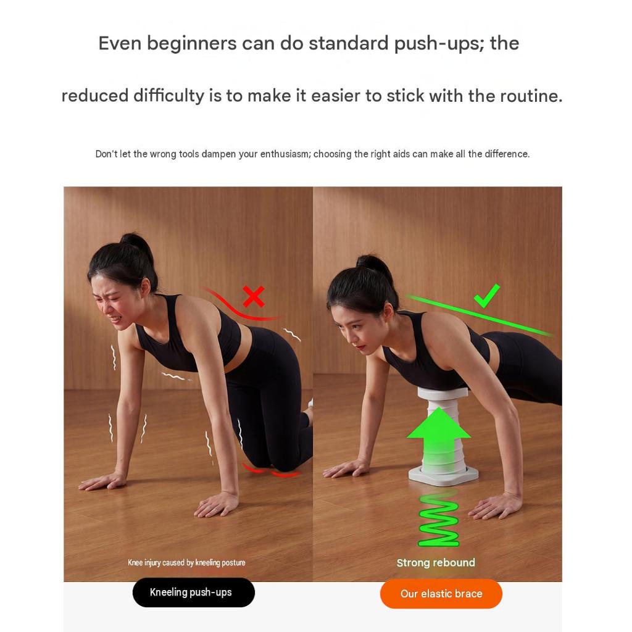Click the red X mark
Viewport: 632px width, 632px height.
tap(254, 296)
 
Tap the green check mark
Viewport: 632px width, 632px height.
tap(486, 296)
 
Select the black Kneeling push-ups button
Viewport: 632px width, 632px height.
tap(193, 592)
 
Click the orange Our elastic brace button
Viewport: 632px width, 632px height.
tap(441, 594)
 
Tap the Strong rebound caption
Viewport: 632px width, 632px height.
tap(436, 563)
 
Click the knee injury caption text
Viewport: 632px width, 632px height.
tap(186, 563)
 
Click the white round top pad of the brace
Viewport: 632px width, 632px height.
tap(443, 392)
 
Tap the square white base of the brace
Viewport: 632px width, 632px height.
tap(443, 476)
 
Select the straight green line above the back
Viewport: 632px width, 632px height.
tap(478, 315)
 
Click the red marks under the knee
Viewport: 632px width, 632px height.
tap(271, 470)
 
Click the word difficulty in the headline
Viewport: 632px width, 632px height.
tap(169, 96)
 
